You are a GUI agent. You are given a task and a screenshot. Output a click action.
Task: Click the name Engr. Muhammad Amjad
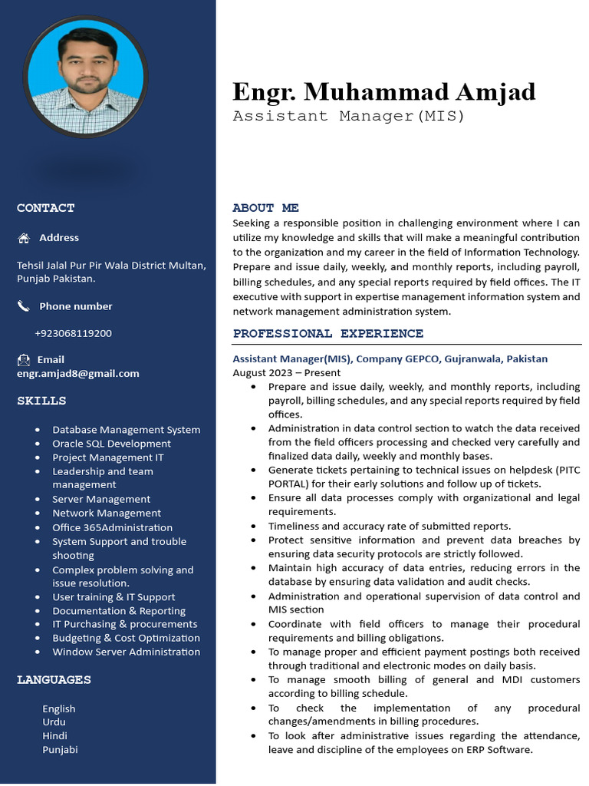tap(383, 92)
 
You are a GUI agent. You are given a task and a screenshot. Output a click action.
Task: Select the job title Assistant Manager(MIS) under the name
tap(349, 117)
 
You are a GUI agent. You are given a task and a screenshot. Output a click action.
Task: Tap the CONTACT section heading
tap(46, 208)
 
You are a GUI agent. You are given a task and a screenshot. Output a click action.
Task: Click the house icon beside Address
tap(24, 238)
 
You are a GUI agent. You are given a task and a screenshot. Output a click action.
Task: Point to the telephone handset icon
tap(24, 306)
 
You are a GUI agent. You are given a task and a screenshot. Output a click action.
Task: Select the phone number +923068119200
tap(73, 333)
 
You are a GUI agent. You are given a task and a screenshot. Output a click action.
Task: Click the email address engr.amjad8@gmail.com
tap(78, 374)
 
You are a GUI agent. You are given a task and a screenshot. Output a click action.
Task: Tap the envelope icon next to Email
tap(24, 359)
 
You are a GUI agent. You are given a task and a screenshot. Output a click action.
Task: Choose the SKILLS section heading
tap(41, 401)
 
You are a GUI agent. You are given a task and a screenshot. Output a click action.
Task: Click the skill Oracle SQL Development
tap(111, 444)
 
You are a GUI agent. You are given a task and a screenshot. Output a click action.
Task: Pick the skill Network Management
tap(107, 513)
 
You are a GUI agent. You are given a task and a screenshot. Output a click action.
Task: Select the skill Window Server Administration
tap(126, 652)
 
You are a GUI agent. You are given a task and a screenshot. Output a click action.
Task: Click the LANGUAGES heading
tap(54, 679)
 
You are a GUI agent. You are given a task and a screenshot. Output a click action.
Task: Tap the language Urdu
tap(54, 722)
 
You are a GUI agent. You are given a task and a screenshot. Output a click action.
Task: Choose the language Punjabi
tap(60, 749)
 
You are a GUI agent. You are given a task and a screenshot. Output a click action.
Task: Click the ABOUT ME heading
tap(265, 208)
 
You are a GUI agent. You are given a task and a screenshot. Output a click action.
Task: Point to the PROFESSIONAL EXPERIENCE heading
tap(327, 334)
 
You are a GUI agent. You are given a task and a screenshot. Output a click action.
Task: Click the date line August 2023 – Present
tap(286, 372)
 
